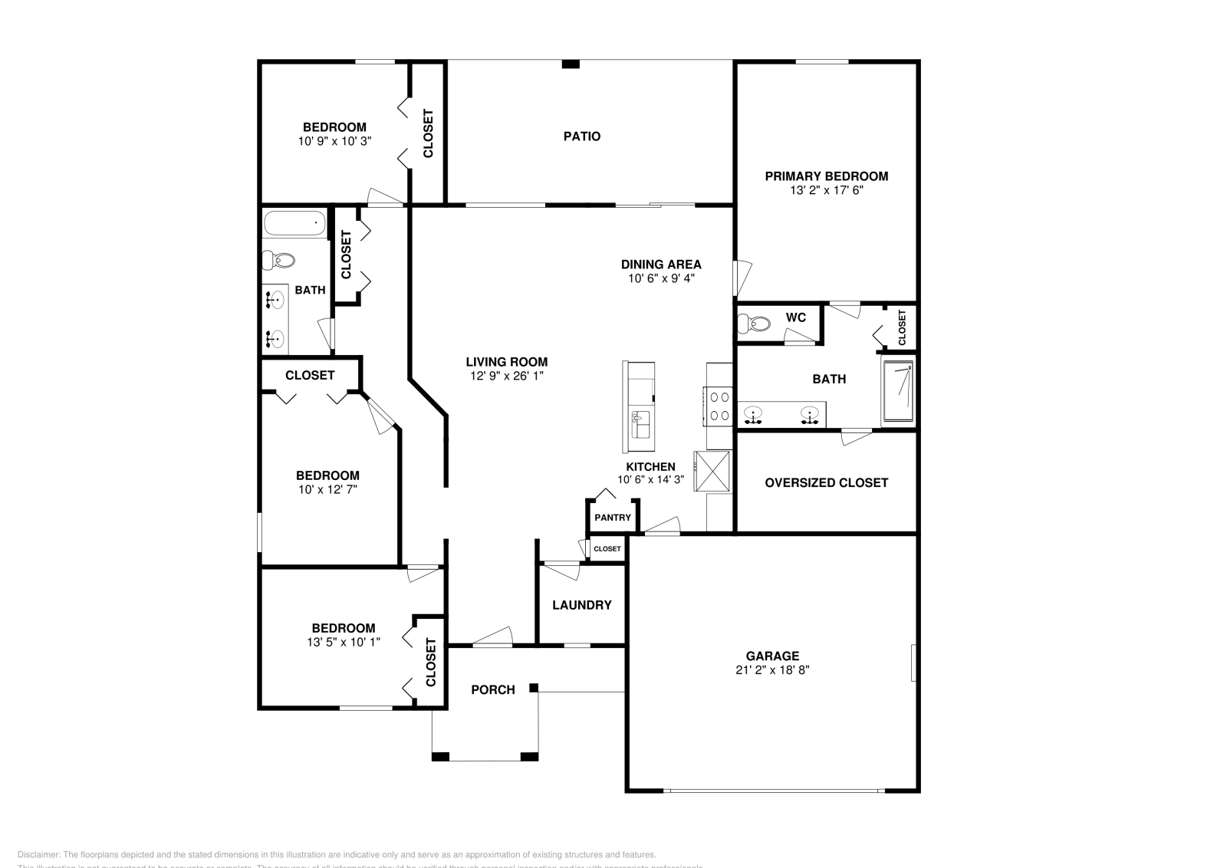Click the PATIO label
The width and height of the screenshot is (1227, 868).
point(582,136)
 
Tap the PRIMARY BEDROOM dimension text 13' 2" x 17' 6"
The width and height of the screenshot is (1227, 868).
point(826,190)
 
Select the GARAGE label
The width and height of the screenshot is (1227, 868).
point(772,656)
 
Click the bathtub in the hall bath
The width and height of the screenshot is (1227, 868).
point(294,224)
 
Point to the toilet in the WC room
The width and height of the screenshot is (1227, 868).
point(752,324)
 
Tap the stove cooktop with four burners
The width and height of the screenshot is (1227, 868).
point(719,406)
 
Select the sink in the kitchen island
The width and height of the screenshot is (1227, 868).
point(641,421)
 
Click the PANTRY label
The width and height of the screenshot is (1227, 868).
point(613,518)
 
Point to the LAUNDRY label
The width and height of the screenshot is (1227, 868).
point(581,605)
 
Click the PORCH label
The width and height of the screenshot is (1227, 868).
point(493,690)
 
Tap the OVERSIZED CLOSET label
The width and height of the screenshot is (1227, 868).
point(826,482)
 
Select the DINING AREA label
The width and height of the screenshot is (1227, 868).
point(661,265)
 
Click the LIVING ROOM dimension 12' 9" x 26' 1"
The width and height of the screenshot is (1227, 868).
point(507,376)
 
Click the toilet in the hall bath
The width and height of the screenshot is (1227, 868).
point(278,260)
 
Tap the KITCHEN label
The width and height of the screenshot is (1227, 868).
point(650,466)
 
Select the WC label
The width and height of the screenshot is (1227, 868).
point(795,317)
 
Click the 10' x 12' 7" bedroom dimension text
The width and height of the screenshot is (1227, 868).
point(328,489)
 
